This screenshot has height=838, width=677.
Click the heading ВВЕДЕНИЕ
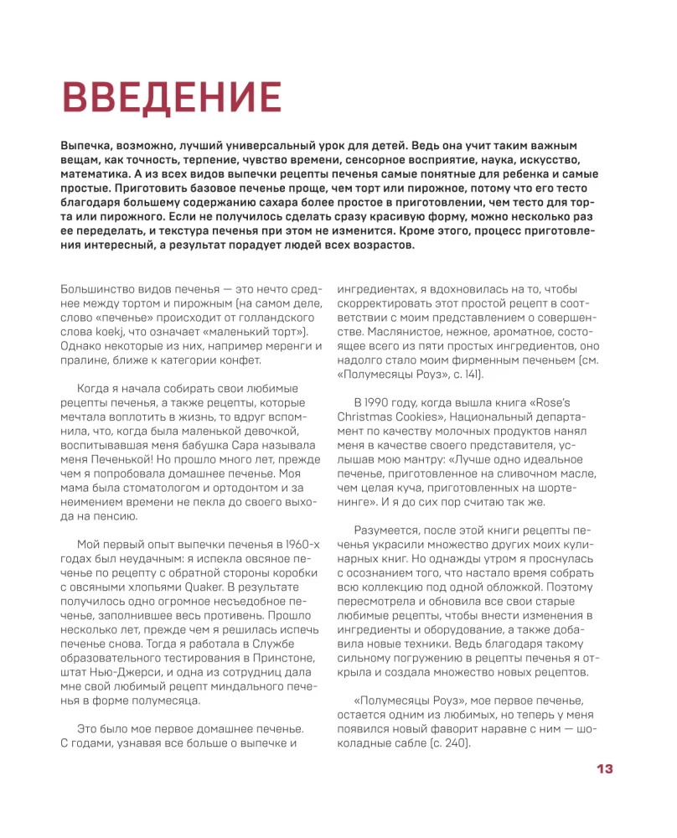point(172,98)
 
